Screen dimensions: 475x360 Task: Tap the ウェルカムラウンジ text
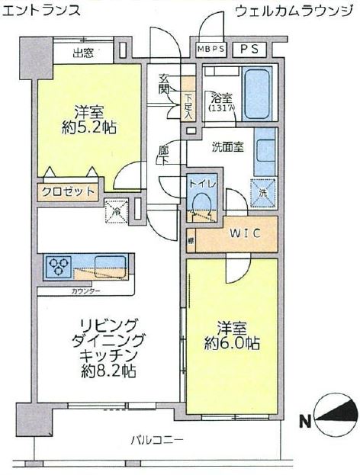[294, 11]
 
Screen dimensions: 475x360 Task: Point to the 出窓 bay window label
[83, 53]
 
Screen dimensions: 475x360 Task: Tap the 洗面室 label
[228, 147]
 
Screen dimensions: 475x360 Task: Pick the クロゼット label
[69, 191]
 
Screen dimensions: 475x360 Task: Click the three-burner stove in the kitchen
[59, 267]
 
